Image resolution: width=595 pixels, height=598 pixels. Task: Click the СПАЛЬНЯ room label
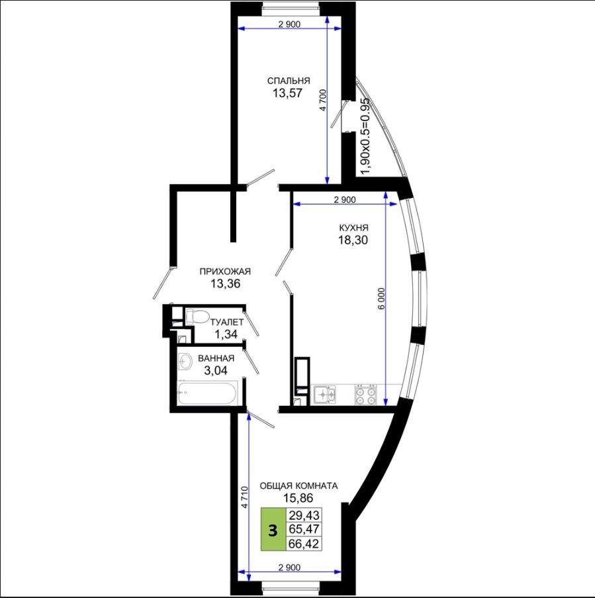click(289, 81)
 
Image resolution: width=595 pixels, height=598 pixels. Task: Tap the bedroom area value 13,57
click(287, 93)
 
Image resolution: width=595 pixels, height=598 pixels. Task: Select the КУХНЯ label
click(353, 228)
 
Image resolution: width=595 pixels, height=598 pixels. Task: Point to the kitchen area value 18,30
click(353, 240)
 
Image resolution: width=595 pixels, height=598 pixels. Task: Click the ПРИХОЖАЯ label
click(225, 272)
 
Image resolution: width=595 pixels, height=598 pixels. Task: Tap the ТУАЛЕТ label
click(227, 323)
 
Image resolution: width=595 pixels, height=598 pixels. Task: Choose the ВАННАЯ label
click(216, 358)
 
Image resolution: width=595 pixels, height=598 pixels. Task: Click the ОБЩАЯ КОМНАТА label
click(299, 486)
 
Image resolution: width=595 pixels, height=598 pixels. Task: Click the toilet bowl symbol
click(197, 317)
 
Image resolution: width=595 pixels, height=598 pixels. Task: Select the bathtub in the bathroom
click(207, 393)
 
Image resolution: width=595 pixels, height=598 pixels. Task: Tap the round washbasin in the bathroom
click(185, 361)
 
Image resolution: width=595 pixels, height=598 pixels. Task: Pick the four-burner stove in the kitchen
click(365, 395)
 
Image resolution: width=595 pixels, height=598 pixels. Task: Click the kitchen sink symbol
click(325, 394)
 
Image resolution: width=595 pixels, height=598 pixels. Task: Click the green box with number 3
click(273, 529)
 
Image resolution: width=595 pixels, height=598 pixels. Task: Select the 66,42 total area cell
click(304, 544)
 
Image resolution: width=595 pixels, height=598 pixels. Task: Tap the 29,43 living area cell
click(304, 515)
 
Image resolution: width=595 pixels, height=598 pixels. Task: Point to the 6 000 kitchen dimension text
click(382, 298)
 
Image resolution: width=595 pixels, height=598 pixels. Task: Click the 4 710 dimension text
click(244, 497)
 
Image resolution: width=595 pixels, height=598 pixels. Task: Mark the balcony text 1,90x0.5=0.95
click(365, 136)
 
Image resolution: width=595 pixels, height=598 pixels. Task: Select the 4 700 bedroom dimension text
click(322, 100)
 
